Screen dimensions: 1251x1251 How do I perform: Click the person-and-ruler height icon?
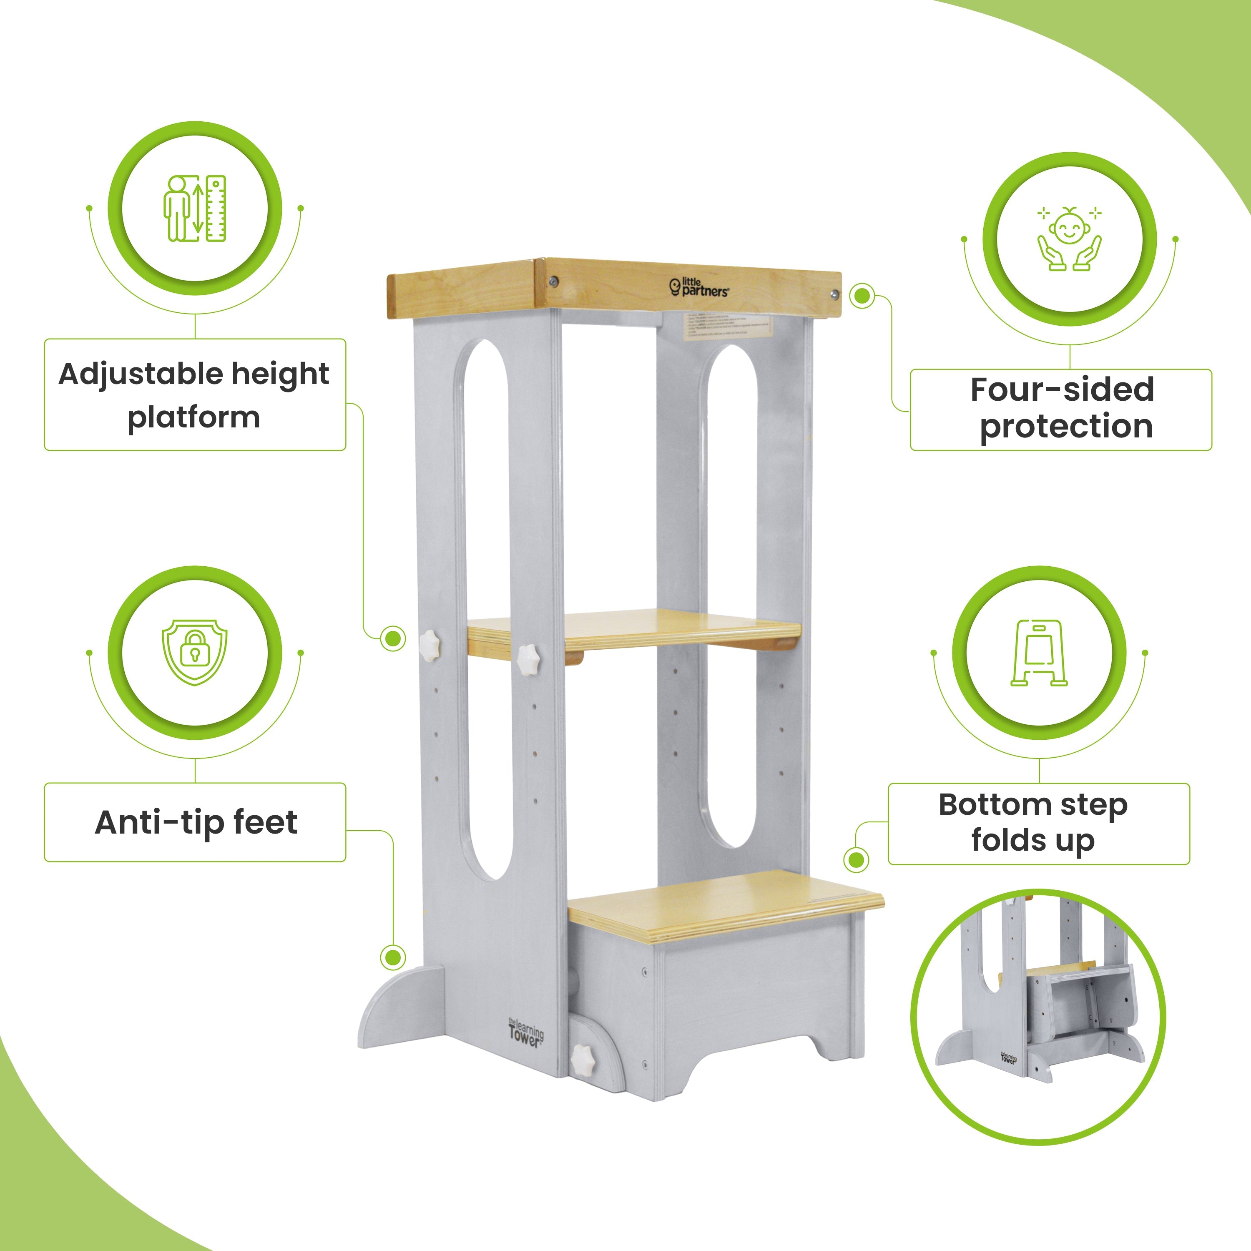coord(195,208)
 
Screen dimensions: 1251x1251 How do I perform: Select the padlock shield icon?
coord(195,653)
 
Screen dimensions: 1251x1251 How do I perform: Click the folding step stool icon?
coord(1039,653)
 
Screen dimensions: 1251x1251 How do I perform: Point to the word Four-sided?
coord(1062,390)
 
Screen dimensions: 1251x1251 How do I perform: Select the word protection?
coord(1066,427)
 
